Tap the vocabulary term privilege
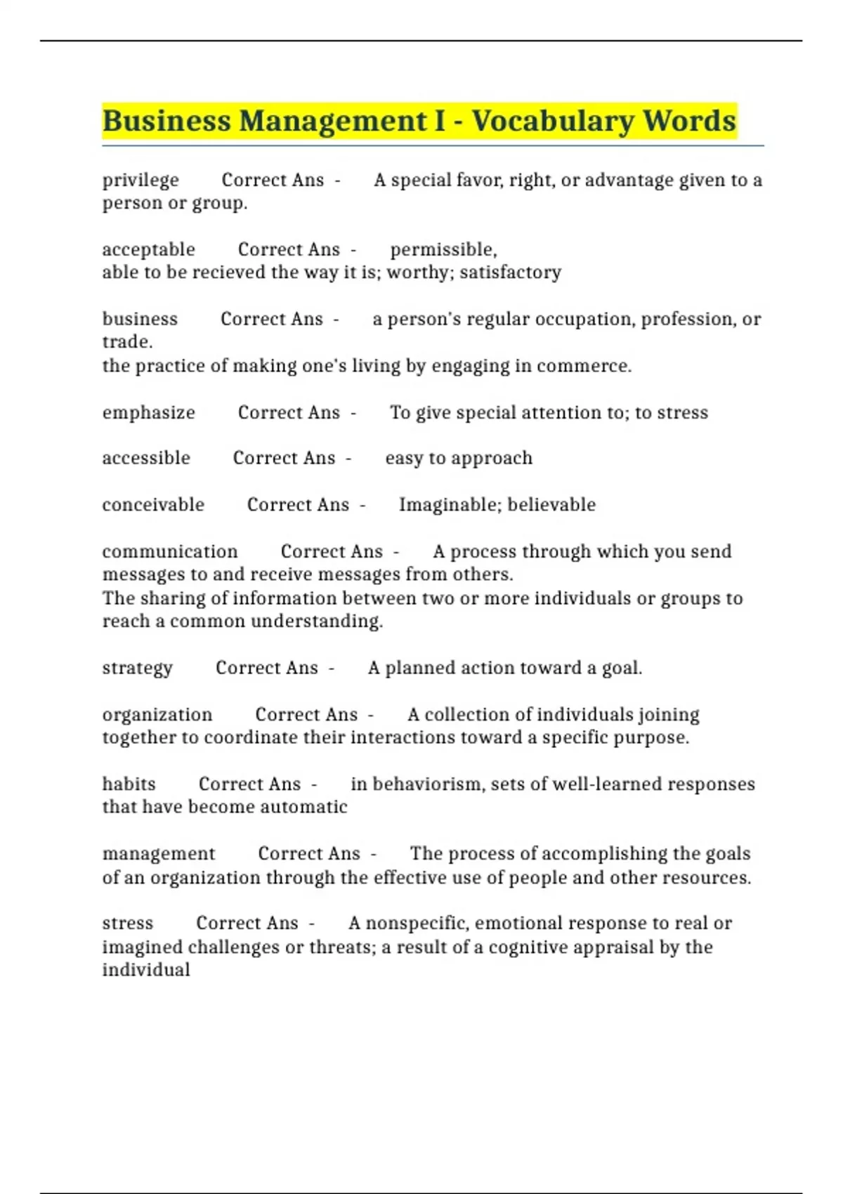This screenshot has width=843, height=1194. pyautogui.click(x=140, y=181)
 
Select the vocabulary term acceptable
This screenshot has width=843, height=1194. pyautogui.click(x=148, y=249)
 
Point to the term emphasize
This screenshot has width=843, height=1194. pyautogui.click(x=148, y=412)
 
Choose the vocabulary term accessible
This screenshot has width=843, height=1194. pyautogui.click(x=146, y=458)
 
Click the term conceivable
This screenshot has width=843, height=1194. pyautogui.click(x=153, y=504)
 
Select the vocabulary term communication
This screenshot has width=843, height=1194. pyautogui.click(x=170, y=551)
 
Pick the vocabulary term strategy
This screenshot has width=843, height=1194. pyautogui.click(x=137, y=668)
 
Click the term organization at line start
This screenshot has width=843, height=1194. pyautogui.click(x=157, y=714)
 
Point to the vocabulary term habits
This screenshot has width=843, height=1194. pyautogui.click(x=129, y=784)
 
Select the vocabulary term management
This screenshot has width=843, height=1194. pyautogui.click(x=159, y=853)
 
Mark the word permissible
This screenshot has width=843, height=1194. pyautogui.click(x=443, y=249)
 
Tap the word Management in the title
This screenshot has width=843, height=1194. pyautogui.click(x=332, y=121)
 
